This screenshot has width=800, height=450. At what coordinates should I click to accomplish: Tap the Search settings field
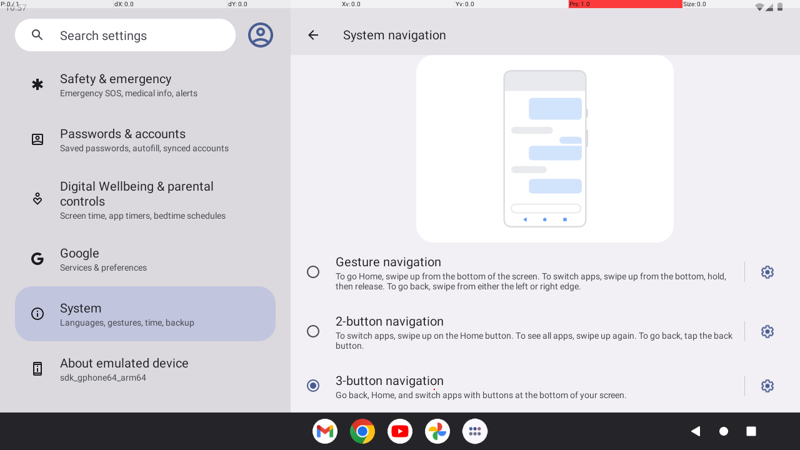125,35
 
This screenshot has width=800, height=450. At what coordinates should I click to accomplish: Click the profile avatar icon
261,35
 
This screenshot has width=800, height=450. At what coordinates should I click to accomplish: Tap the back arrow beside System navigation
313,35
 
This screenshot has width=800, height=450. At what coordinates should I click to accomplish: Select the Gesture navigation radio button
313,272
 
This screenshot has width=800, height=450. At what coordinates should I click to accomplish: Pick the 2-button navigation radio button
313,331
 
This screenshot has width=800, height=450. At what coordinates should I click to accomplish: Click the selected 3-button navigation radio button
313,386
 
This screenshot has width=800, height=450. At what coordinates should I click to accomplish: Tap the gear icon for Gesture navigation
767,272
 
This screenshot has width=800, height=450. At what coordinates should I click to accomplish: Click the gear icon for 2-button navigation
767,331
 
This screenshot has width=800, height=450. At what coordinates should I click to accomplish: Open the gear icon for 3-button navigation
767,386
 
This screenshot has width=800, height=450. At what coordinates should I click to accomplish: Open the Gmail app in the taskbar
325,431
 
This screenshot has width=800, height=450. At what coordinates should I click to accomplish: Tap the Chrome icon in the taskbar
362,431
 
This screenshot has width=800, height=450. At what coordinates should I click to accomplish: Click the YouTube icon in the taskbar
400,431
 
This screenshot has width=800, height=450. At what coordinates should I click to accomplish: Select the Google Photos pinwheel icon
437,431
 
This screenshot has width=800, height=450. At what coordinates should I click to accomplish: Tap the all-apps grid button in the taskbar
475,431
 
